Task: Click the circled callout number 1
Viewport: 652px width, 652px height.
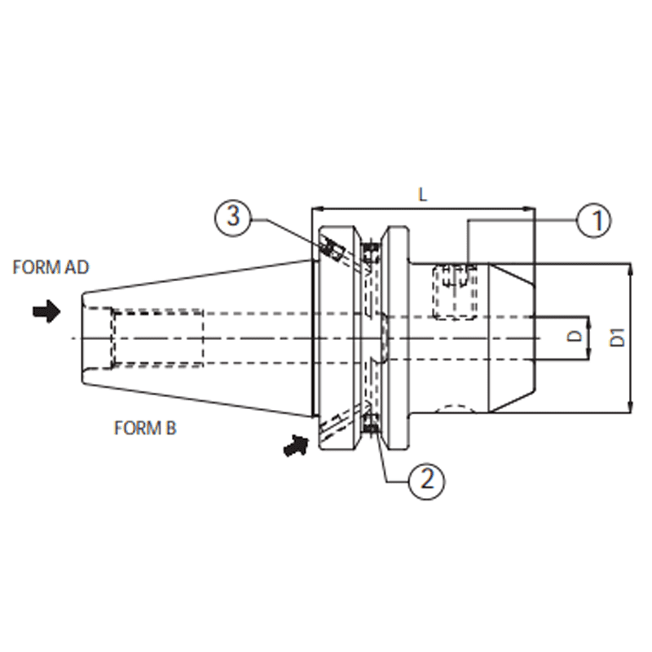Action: pyautogui.click(x=594, y=219)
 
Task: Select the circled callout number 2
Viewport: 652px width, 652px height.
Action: pyautogui.click(x=427, y=480)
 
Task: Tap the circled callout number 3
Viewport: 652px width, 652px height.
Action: pyautogui.click(x=233, y=218)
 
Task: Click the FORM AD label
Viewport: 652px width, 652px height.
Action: pyautogui.click(x=51, y=267)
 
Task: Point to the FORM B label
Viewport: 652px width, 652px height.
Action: pyautogui.click(x=145, y=428)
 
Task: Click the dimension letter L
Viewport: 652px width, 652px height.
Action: pyautogui.click(x=422, y=194)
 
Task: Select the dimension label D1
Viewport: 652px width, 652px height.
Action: pyautogui.click(x=619, y=337)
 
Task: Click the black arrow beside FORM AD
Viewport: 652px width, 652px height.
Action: pyautogui.click(x=46, y=311)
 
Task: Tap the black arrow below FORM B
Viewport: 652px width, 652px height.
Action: pyautogui.click(x=296, y=445)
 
